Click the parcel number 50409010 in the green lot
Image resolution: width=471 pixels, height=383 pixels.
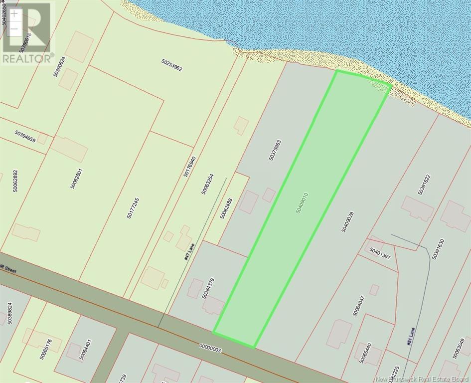click(302, 203)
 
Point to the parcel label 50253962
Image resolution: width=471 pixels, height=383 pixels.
click(172, 66)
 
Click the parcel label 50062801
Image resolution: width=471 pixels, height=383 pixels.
click(76, 179)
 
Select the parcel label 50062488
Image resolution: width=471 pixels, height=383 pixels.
click(226, 208)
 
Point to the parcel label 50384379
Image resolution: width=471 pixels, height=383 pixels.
click(208, 288)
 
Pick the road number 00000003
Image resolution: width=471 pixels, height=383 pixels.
click(210, 348)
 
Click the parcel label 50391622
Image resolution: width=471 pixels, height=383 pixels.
click(424, 184)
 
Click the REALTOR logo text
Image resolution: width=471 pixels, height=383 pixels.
click(27, 58)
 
